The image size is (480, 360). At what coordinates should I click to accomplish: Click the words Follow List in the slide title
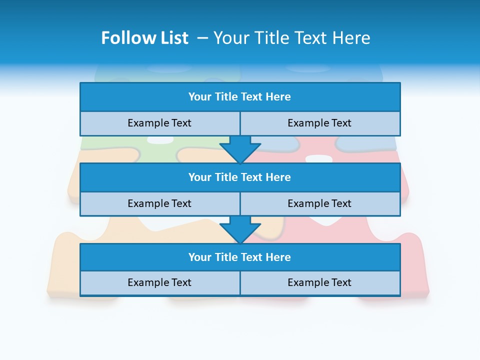[x=144, y=38]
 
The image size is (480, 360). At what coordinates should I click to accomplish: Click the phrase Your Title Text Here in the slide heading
[x=291, y=38]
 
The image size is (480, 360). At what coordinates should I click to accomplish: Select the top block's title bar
[x=240, y=97]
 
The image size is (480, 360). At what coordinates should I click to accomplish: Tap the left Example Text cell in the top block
[x=159, y=123]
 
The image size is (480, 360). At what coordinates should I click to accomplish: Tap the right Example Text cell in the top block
[x=319, y=123]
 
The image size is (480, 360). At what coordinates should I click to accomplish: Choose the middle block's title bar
[x=240, y=177]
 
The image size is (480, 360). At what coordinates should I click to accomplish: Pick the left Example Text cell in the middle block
[x=159, y=203]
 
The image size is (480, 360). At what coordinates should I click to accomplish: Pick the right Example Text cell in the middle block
[x=319, y=203]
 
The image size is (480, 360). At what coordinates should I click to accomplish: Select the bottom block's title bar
[x=240, y=257]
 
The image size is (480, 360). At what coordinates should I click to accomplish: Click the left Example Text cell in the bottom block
[x=159, y=282]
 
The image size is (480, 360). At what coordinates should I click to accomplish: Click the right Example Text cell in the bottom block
[x=319, y=282]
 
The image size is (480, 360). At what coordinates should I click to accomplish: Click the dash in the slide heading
[x=202, y=38]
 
